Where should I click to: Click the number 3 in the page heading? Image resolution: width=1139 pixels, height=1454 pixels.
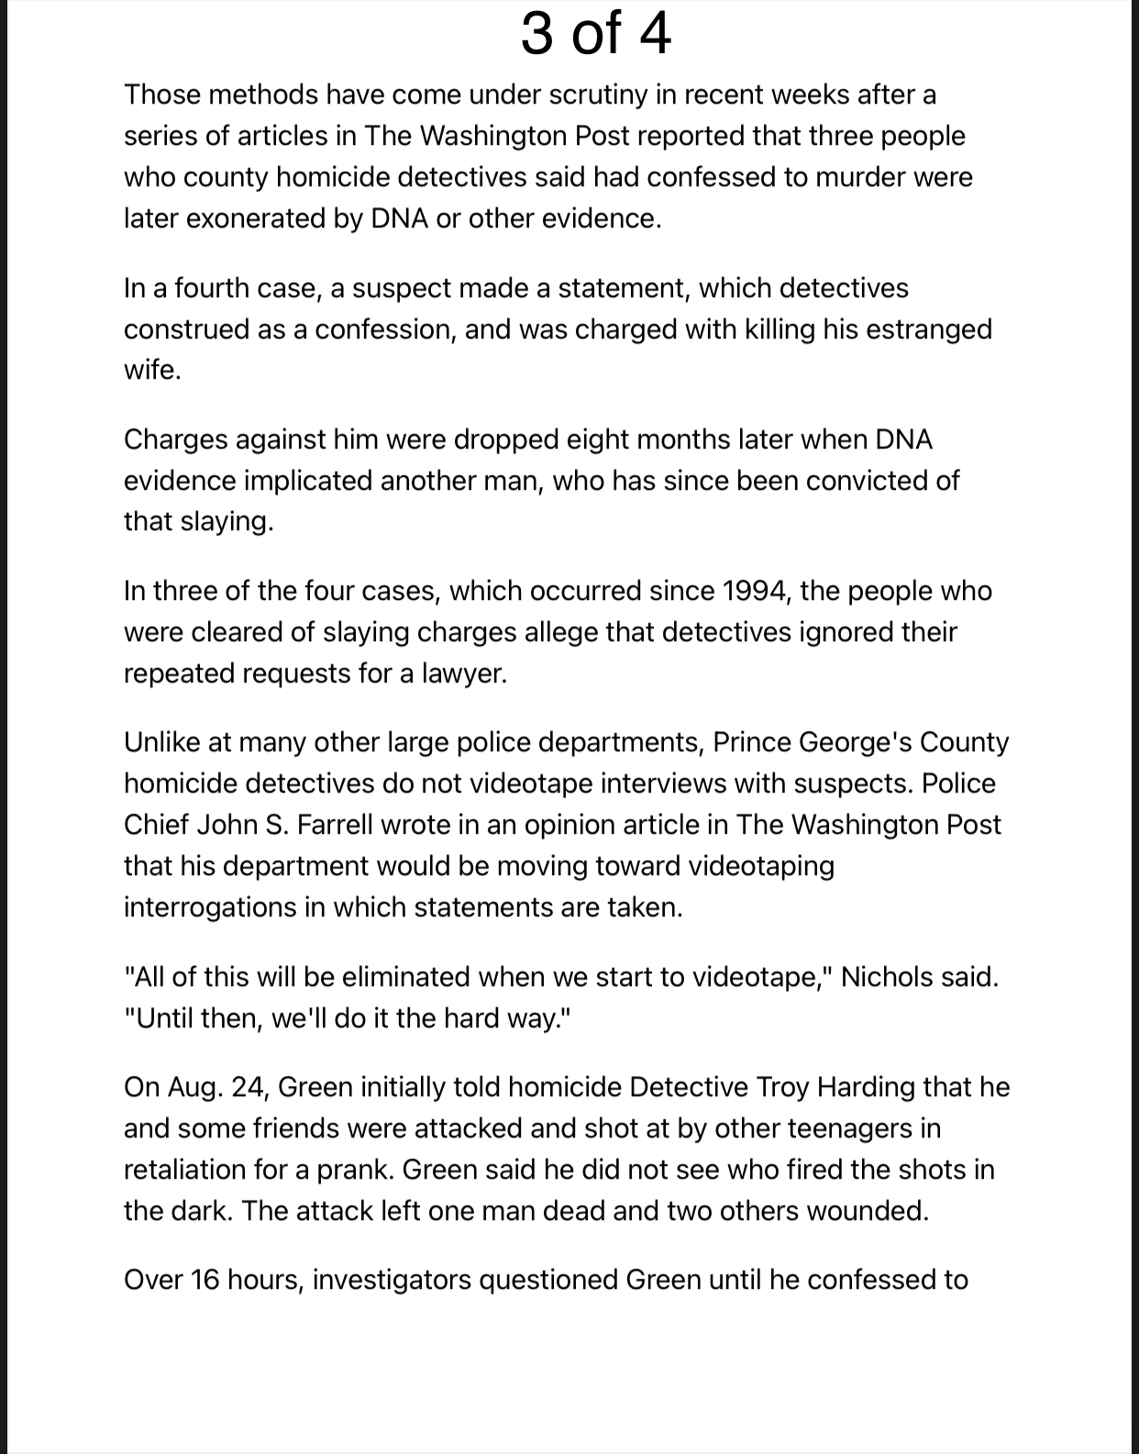point(537,34)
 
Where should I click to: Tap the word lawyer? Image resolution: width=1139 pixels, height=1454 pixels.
point(464,673)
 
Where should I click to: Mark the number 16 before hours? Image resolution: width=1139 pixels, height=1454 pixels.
point(205,1280)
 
